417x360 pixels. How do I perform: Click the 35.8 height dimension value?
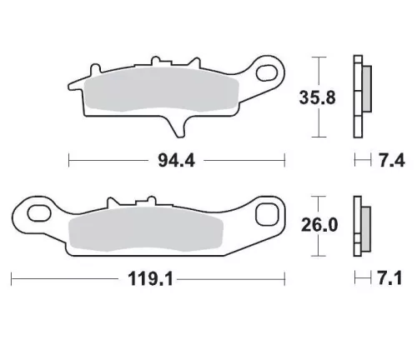317,97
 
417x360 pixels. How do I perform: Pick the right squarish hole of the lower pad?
268,215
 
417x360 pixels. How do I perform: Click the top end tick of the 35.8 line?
317,56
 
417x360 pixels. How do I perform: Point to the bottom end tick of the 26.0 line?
317,255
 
